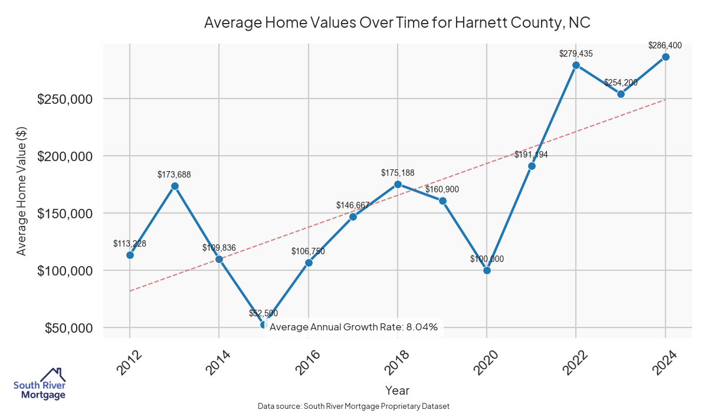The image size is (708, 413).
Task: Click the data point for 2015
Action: pos(264,324)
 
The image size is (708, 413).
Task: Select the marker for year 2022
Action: pos(576,65)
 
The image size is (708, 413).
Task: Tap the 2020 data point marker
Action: pos(487,270)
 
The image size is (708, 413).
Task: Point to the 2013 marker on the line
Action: pos(175,186)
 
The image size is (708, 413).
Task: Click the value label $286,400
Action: pos(665,45)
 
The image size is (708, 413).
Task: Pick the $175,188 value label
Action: pos(398,173)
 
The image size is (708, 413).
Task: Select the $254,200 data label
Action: pos(621,82)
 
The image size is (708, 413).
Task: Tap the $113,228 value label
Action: pos(130,244)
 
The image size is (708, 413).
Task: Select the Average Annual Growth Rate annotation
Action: pos(354,327)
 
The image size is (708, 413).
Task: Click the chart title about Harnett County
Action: pos(397,22)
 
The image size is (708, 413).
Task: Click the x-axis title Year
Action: pos(397,390)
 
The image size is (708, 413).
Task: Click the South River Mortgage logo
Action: pos(40,384)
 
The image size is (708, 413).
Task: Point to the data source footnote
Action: pos(354,406)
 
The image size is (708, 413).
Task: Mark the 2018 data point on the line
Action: pos(398,184)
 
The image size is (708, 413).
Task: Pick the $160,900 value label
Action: pos(442,189)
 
